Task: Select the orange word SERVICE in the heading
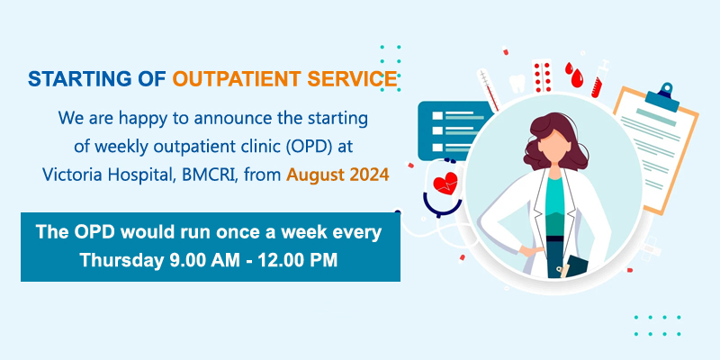(x=352, y=79)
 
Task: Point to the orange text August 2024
(x=337, y=175)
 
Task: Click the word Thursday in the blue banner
(x=121, y=260)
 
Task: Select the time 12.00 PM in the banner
(x=297, y=260)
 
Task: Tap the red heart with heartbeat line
(x=445, y=184)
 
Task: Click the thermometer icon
(x=489, y=89)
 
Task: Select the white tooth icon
(x=517, y=84)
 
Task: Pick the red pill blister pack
(x=542, y=76)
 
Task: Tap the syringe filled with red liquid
(x=599, y=78)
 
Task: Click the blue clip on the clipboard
(x=662, y=96)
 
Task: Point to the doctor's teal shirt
(x=555, y=207)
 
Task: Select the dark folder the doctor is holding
(x=575, y=266)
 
